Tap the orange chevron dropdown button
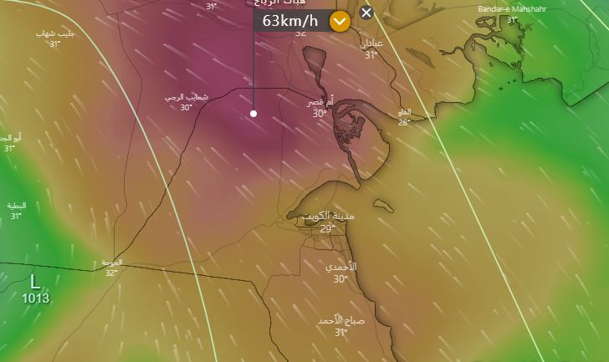click(339, 22)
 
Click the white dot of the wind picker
click(253, 113)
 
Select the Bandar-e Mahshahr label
click(509, 9)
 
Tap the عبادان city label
click(371, 43)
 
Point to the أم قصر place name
click(319, 101)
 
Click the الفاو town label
click(404, 111)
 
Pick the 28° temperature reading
click(404, 122)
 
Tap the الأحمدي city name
click(340, 267)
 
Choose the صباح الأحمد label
click(340, 320)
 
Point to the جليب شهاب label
click(55, 33)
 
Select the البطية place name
click(17, 205)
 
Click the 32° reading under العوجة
click(111, 273)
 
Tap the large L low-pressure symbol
click(35, 281)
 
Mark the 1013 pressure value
click(35, 298)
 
